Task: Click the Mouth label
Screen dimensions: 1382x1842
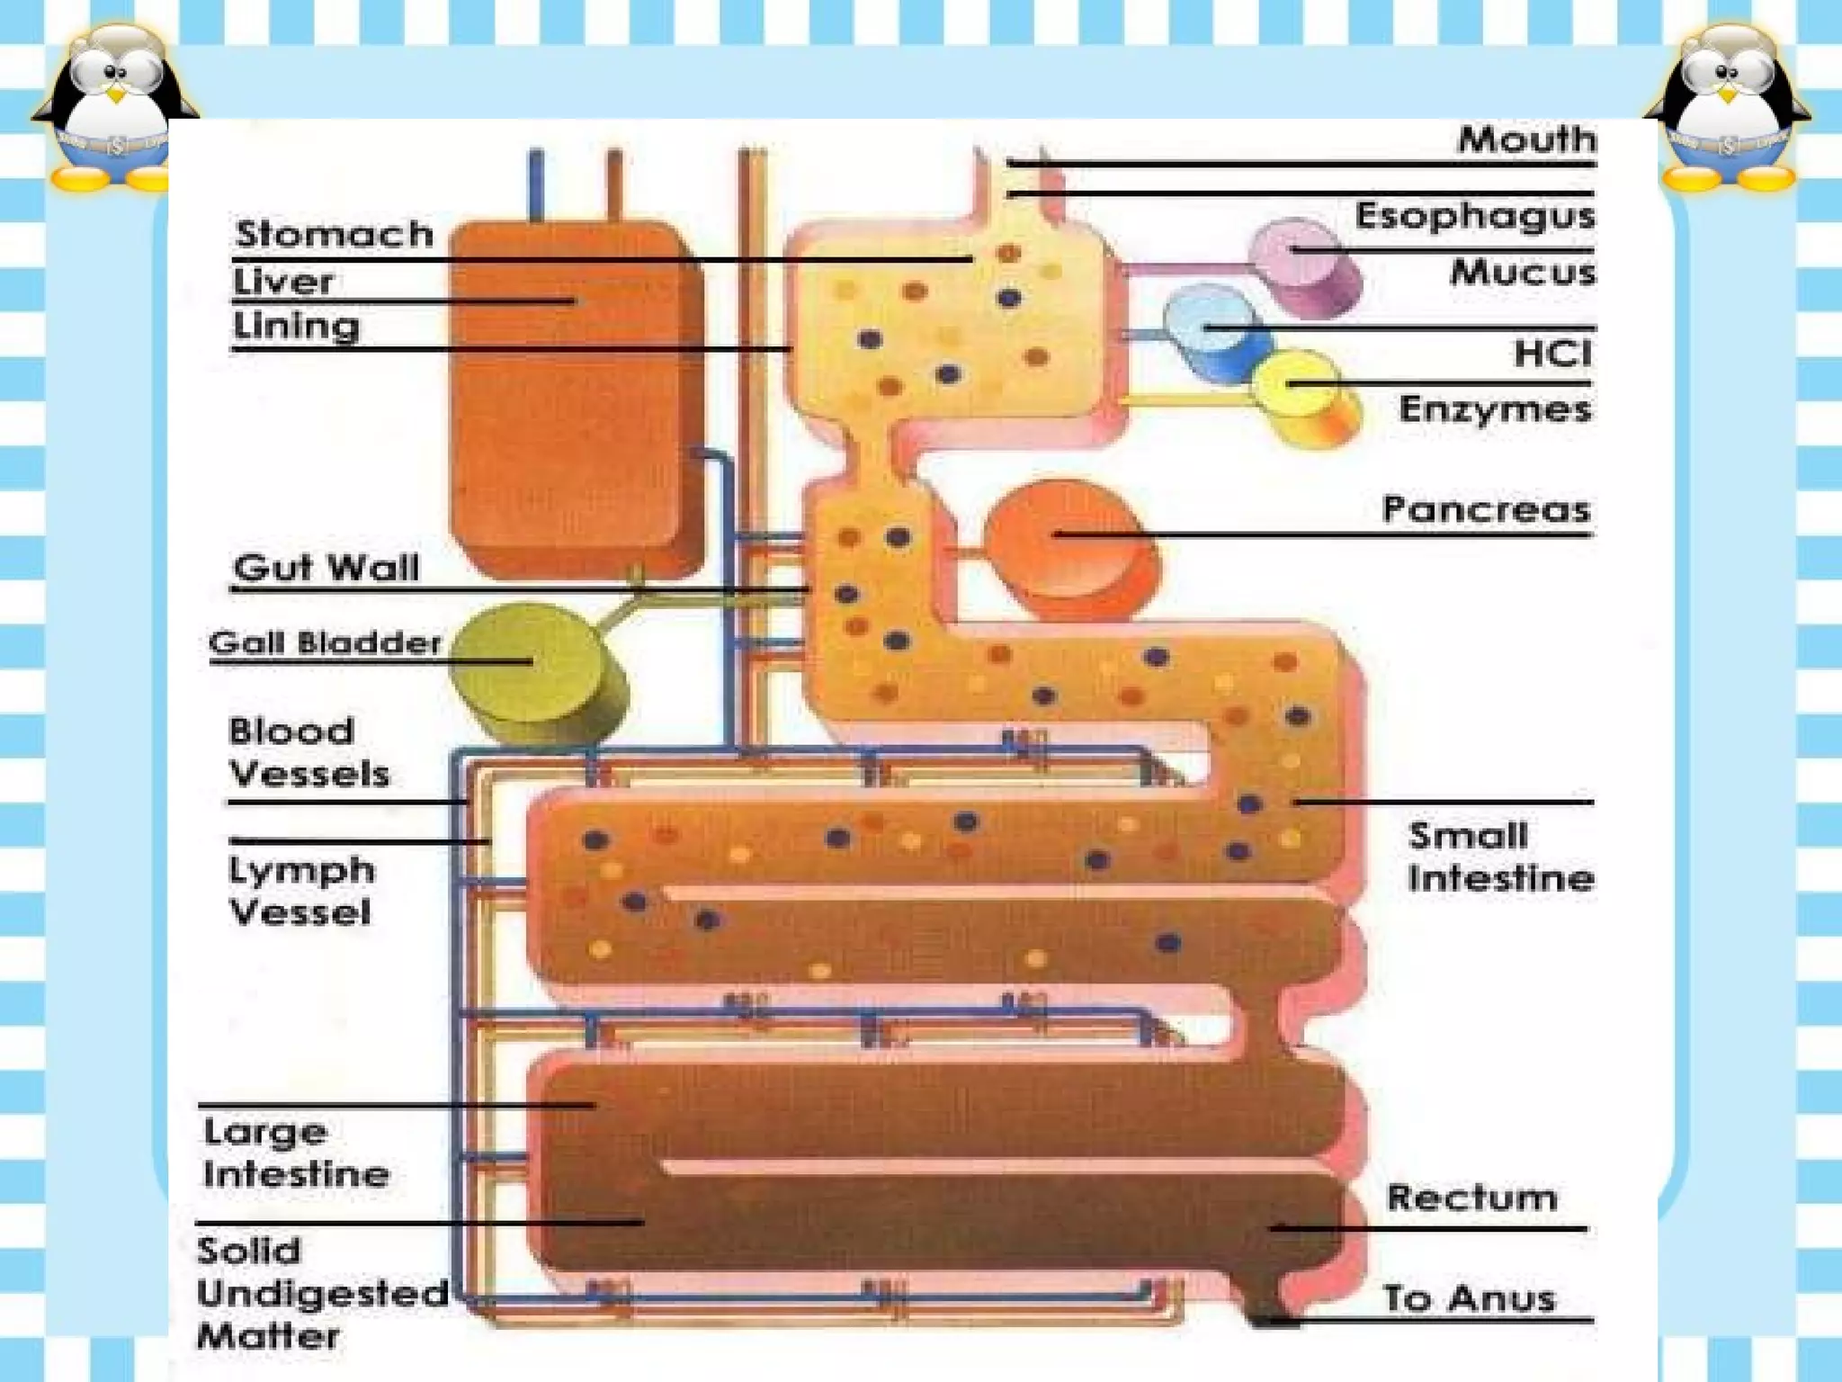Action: (1526, 139)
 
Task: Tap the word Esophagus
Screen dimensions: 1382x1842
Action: (1475, 216)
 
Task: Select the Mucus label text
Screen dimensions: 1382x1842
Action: (1522, 272)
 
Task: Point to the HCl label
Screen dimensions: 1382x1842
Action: (1552, 353)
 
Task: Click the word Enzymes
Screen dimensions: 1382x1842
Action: (1495, 409)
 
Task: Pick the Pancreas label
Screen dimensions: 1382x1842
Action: (1486, 509)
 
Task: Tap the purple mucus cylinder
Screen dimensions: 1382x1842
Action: (1304, 265)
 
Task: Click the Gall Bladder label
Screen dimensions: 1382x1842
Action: (325, 642)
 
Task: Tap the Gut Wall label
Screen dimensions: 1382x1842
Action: (326, 568)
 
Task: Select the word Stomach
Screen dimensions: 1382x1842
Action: (334, 234)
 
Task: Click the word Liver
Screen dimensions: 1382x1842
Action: (283, 282)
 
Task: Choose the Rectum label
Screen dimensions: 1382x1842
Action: (1471, 1198)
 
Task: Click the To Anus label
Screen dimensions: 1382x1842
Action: (1469, 1298)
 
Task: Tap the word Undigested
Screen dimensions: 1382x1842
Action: (322, 1294)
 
